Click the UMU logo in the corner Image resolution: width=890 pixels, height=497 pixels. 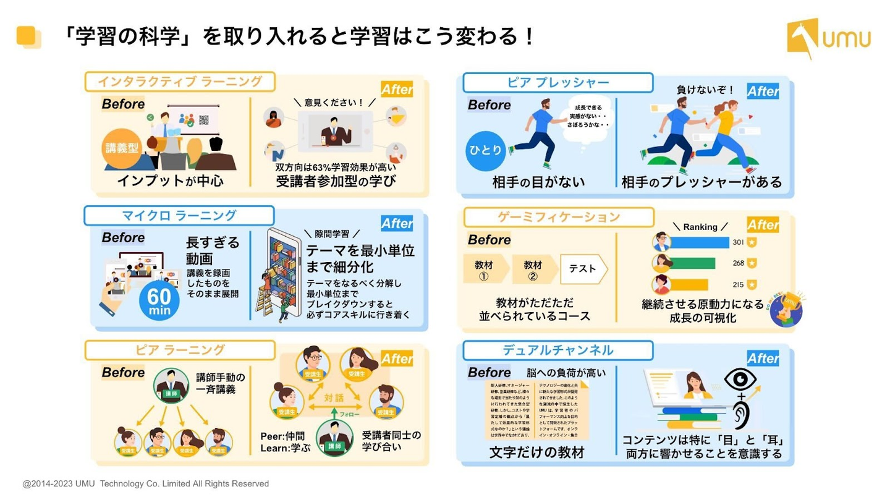click(829, 38)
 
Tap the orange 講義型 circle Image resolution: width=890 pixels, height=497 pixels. click(121, 148)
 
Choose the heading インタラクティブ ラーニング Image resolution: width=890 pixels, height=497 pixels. click(180, 82)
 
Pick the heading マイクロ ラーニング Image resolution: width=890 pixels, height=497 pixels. click(179, 216)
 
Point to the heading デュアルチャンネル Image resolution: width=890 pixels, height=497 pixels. click(557, 350)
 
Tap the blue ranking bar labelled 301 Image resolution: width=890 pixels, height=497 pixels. click(700, 242)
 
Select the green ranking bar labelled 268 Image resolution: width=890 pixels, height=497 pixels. click(692, 263)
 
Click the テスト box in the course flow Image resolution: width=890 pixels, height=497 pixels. click(583, 269)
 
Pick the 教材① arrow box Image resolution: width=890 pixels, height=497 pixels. click(484, 270)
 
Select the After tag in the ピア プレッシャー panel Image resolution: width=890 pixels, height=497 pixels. click(763, 91)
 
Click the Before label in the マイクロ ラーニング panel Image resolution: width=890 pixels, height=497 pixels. click(123, 238)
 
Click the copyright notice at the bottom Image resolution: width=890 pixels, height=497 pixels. click(146, 483)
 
